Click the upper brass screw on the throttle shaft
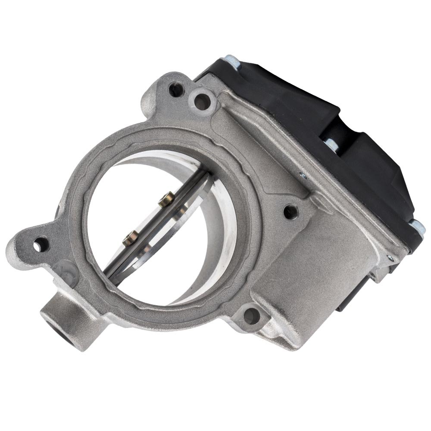coord(167,199)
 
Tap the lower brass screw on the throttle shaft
coord(131,237)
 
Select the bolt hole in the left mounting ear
coord(38,245)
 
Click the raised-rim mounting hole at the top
coord(202,102)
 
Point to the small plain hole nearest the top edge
coord(175,89)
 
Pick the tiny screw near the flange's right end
coord(390,258)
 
